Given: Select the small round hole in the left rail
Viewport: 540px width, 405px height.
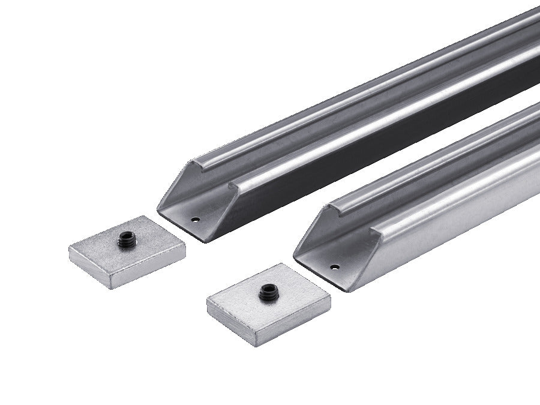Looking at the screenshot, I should (x=195, y=220).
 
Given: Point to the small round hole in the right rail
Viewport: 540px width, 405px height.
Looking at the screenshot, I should (x=334, y=267).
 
